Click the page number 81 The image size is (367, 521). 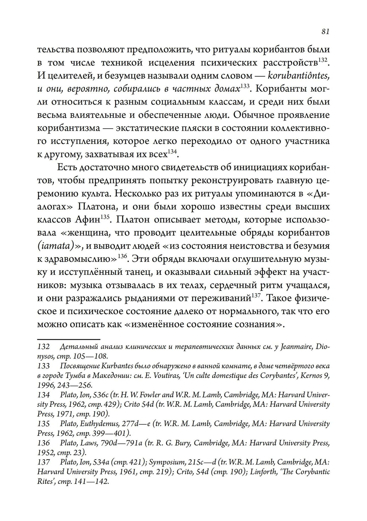pyautogui.click(x=325, y=31)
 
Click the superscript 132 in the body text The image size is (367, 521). pyautogui.click(x=323, y=60)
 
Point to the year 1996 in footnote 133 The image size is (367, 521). pyautogui.click(x=45, y=385)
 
